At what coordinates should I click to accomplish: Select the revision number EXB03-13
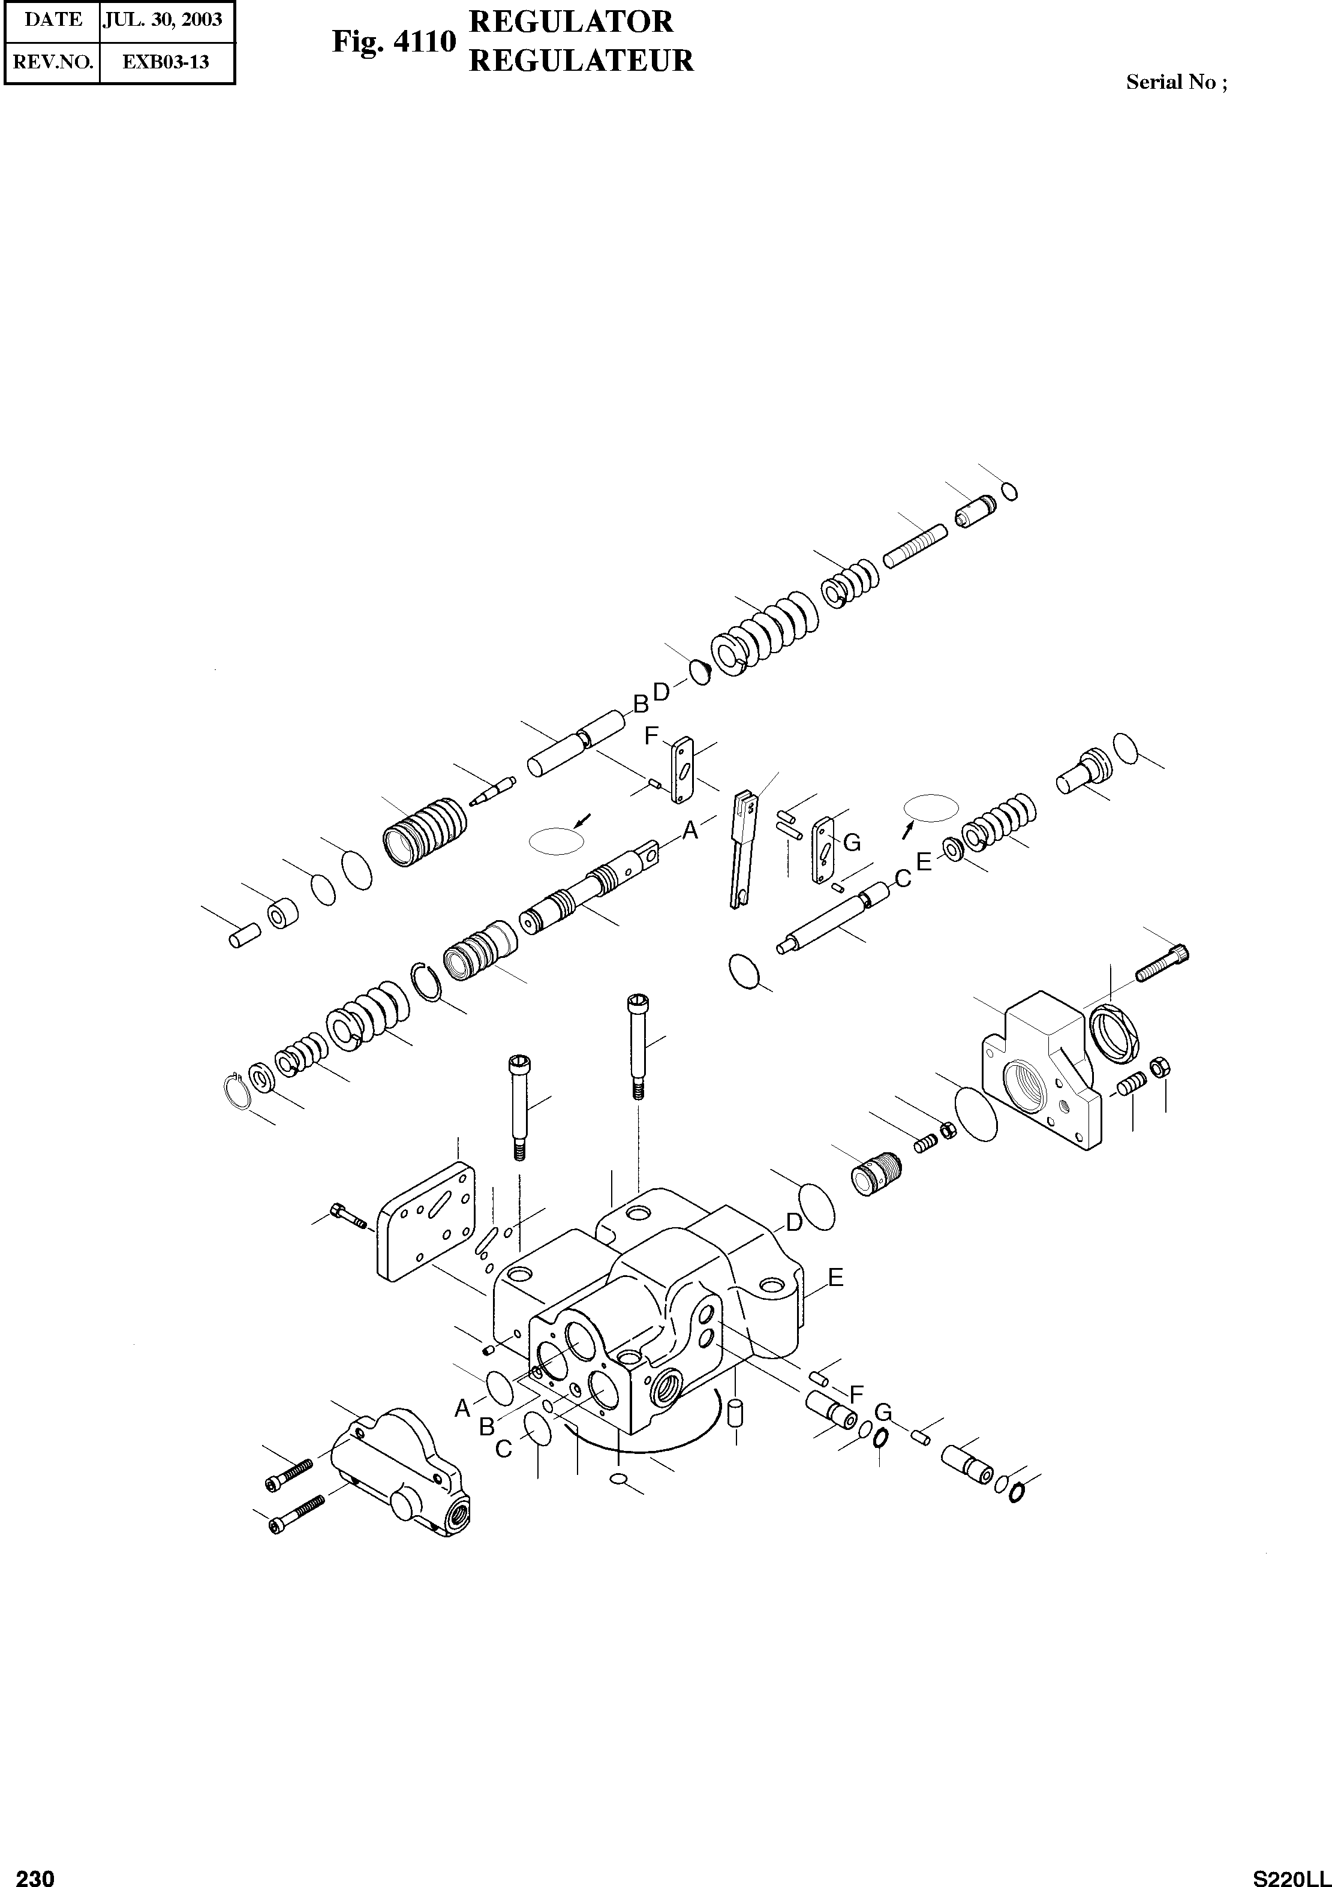[x=166, y=62]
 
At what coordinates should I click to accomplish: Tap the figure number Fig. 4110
[x=393, y=41]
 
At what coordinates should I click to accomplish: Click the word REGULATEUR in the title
[x=581, y=61]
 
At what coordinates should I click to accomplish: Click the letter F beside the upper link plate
[x=652, y=735]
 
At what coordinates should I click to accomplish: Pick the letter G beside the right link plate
[x=852, y=842]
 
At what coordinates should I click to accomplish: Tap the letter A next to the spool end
[x=690, y=830]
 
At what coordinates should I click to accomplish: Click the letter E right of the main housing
[x=835, y=1276]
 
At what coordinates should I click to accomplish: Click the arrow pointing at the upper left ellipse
[x=582, y=819]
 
